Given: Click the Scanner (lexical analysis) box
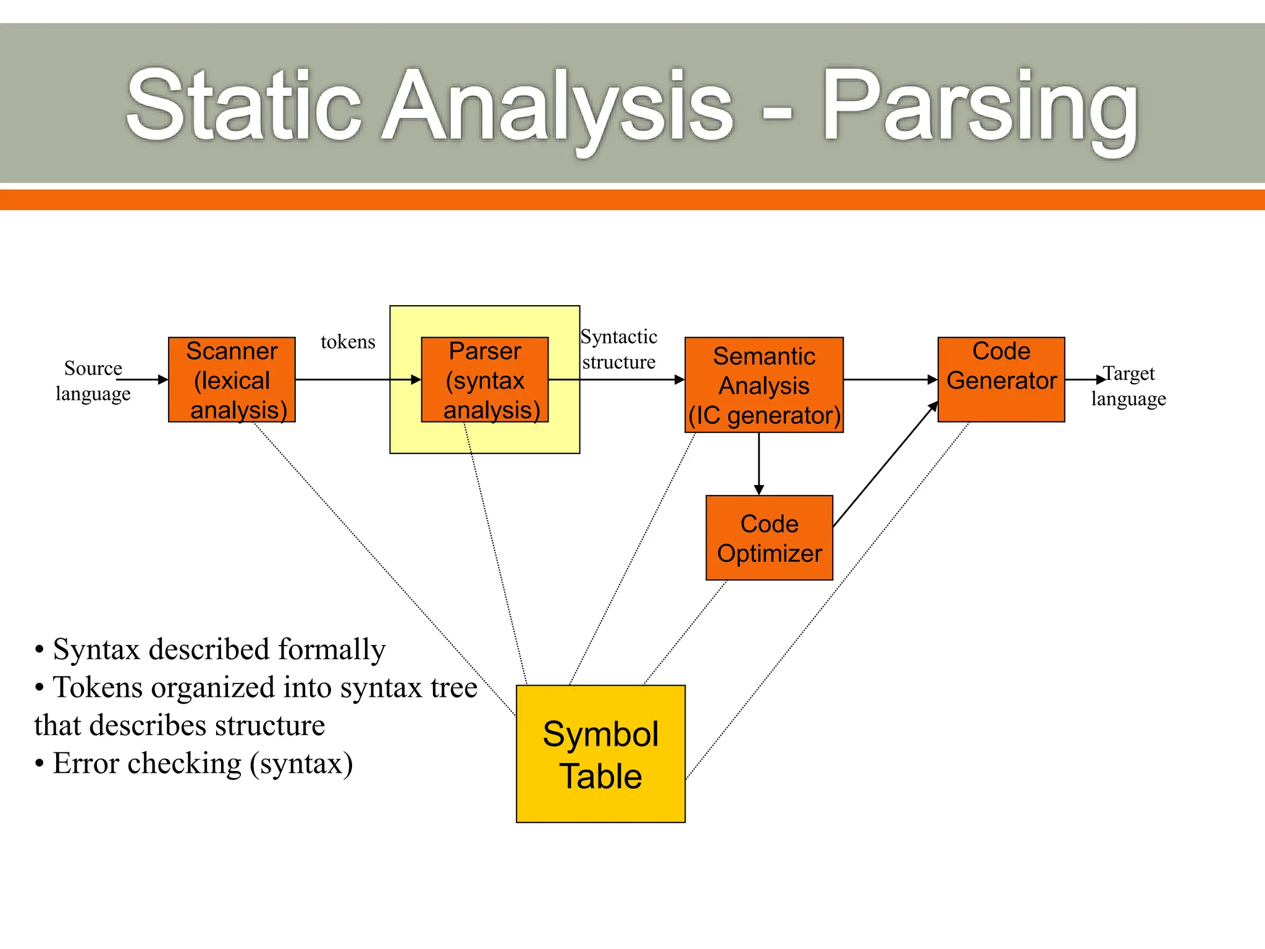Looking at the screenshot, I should [x=232, y=379].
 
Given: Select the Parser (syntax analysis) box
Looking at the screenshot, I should [x=485, y=379].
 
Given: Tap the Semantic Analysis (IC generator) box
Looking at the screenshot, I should [x=764, y=385].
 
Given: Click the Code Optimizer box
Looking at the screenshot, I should [x=769, y=538].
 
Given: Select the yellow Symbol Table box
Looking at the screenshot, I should [x=600, y=754].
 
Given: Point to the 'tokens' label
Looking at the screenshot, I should [x=348, y=342].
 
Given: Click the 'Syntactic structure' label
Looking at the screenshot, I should [x=619, y=349].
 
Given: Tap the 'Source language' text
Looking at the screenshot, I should [x=93, y=381].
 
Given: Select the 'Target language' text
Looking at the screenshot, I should [x=1128, y=386].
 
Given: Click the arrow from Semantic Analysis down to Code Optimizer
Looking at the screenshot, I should [x=759, y=463].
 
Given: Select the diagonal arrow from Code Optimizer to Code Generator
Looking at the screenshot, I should [x=885, y=465].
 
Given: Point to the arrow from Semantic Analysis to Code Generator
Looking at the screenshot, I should [x=889, y=379].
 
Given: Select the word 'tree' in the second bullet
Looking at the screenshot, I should [x=453, y=688].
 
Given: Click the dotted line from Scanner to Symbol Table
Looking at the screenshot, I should [x=383, y=568].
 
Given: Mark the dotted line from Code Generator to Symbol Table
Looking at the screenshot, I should [x=828, y=599].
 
